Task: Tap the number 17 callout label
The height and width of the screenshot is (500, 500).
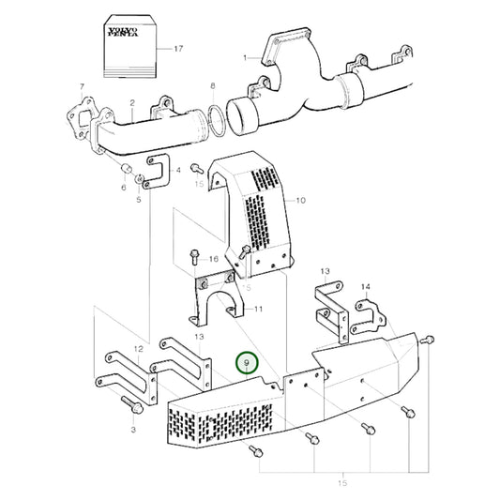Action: tap(177, 47)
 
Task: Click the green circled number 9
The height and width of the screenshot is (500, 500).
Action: tap(247, 361)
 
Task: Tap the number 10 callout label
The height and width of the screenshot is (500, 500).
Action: tap(301, 200)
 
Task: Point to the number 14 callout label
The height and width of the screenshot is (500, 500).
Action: tap(366, 285)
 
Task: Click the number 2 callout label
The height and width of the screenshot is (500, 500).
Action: tap(132, 103)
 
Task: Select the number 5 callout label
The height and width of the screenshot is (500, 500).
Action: tap(139, 199)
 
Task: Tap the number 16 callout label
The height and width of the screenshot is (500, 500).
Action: tap(214, 258)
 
